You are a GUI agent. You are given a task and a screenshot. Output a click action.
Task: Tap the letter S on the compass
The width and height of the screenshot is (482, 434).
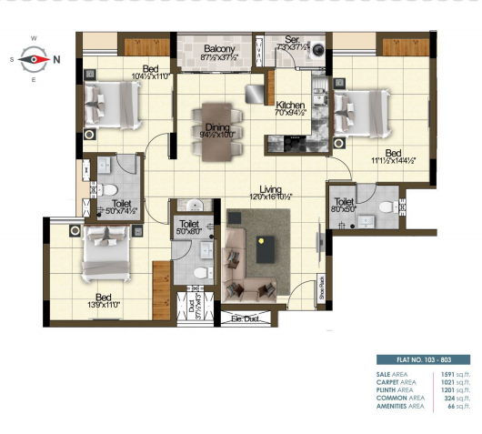[x=13, y=59]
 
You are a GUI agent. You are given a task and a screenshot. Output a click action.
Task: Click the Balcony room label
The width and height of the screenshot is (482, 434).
[x=221, y=48]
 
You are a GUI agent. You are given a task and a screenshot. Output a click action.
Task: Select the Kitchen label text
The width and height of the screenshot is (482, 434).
[x=289, y=106]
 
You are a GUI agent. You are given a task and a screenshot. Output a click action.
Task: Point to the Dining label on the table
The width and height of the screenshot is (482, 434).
[x=216, y=129]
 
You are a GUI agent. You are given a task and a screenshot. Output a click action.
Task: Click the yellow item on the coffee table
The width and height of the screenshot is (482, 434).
[x=263, y=241]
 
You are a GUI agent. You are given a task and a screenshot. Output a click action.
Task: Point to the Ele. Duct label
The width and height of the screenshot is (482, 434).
[x=246, y=318]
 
